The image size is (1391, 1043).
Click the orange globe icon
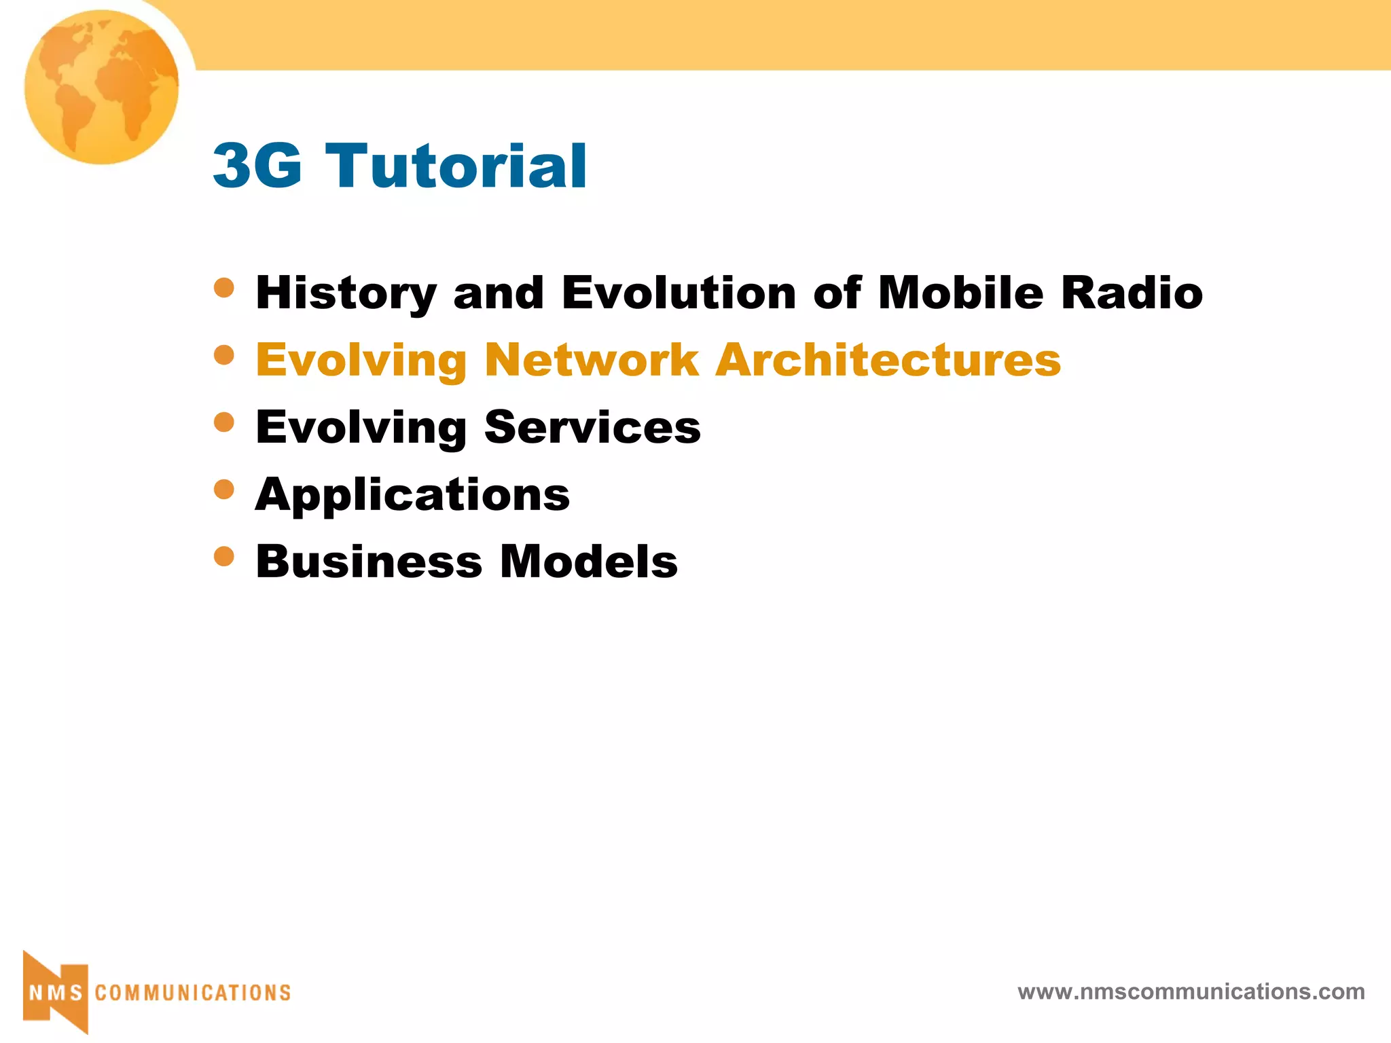point(101,87)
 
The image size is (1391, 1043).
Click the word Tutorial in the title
point(456,166)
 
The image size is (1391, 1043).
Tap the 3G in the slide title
point(257,166)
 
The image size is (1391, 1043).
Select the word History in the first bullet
point(346,293)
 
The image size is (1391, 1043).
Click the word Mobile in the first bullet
point(960,293)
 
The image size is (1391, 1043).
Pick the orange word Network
point(592,360)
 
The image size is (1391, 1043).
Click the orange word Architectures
point(888,360)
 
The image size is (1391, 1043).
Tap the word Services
point(592,427)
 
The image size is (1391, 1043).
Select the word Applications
point(412,494)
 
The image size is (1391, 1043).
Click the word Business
point(369,562)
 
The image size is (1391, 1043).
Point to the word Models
point(589,562)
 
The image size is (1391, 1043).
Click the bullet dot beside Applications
point(223,489)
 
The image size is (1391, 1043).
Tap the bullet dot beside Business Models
point(223,556)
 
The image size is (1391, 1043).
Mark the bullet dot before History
point(223,287)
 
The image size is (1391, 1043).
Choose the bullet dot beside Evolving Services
point(223,422)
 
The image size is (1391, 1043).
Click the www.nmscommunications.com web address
point(1191,991)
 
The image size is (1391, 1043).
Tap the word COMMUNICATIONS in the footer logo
point(193,993)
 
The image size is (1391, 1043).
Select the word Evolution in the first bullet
point(679,293)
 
